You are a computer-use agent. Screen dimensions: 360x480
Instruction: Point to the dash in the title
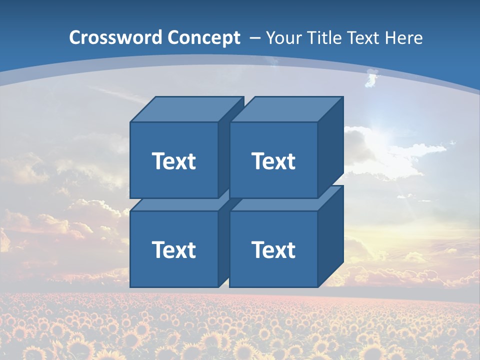point(253,38)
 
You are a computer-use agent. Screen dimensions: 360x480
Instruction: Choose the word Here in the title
point(405,37)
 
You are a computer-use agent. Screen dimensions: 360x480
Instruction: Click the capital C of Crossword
point(75,37)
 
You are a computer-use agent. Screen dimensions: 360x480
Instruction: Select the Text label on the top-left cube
point(173,161)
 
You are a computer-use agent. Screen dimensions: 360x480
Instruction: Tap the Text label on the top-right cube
point(273,161)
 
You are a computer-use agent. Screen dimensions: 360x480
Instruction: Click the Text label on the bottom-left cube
point(173,249)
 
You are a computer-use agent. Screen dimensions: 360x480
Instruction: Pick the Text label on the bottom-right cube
point(273,249)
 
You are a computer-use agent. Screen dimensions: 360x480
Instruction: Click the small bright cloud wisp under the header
point(372,78)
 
